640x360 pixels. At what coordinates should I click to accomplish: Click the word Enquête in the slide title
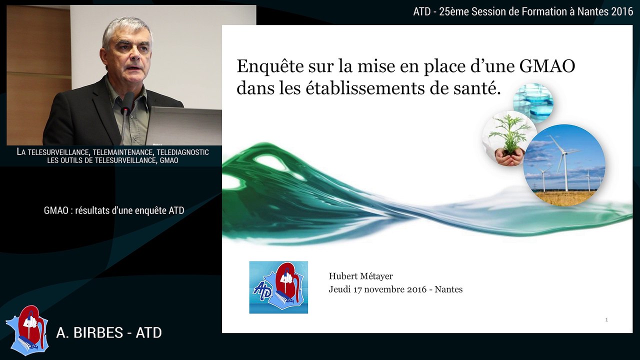[x=266, y=67]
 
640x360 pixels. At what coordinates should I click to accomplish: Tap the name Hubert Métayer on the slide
[x=360, y=276]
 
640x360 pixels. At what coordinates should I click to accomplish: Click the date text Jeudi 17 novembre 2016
[x=377, y=289]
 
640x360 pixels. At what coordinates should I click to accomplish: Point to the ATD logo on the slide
[x=278, y=287]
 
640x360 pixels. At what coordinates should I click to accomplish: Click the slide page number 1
[x=606, y=319]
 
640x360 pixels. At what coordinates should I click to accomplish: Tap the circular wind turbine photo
[x=564, y=165]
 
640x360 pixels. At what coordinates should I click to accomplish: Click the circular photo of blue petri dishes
[x=533, y=103]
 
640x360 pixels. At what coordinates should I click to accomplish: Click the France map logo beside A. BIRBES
[x=27, y=330]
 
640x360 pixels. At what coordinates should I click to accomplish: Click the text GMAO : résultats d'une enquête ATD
[x=114, y=210]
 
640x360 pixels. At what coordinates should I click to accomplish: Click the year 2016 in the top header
[x=622, y=12]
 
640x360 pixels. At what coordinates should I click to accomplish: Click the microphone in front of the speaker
[x=127, y=102]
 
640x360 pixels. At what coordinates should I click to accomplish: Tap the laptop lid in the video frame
[x=185, y=125]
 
